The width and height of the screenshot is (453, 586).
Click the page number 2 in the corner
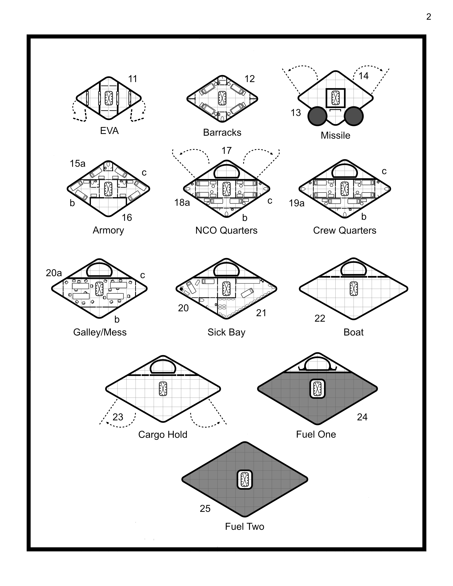pyautogui.click(x=429, y=17)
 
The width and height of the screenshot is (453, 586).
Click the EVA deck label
pyautogui.click(x=109, y=131)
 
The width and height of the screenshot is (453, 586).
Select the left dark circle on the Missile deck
pyautogui.click(x=317, y=116)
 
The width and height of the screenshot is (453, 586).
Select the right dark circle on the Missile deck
pyautogui.click(x=354, y=116)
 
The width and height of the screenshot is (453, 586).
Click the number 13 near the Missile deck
pyautogui.click(x=296, y=113)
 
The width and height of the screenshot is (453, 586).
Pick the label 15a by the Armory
pyautogui.click(x=78, y=163)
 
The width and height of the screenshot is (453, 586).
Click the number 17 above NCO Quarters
pyautogui.click(x=226, y=151)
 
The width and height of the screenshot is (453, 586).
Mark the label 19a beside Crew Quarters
pyautogui.click(x=296, y=203)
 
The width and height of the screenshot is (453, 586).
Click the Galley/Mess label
pyautogui.click(x=100, y=332)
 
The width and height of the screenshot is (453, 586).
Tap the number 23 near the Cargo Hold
pyautogui.click(x=118, y=417)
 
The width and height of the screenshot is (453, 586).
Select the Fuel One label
pyautogui.click(x=316, y=434)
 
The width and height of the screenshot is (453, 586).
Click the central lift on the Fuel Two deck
pyautogui.click(x=245, y=479)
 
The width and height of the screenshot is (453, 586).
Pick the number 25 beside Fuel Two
pyautogui.click(x=205, y=508)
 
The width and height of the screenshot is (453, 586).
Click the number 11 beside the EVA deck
pyautogui.click(x=133, y=79)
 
